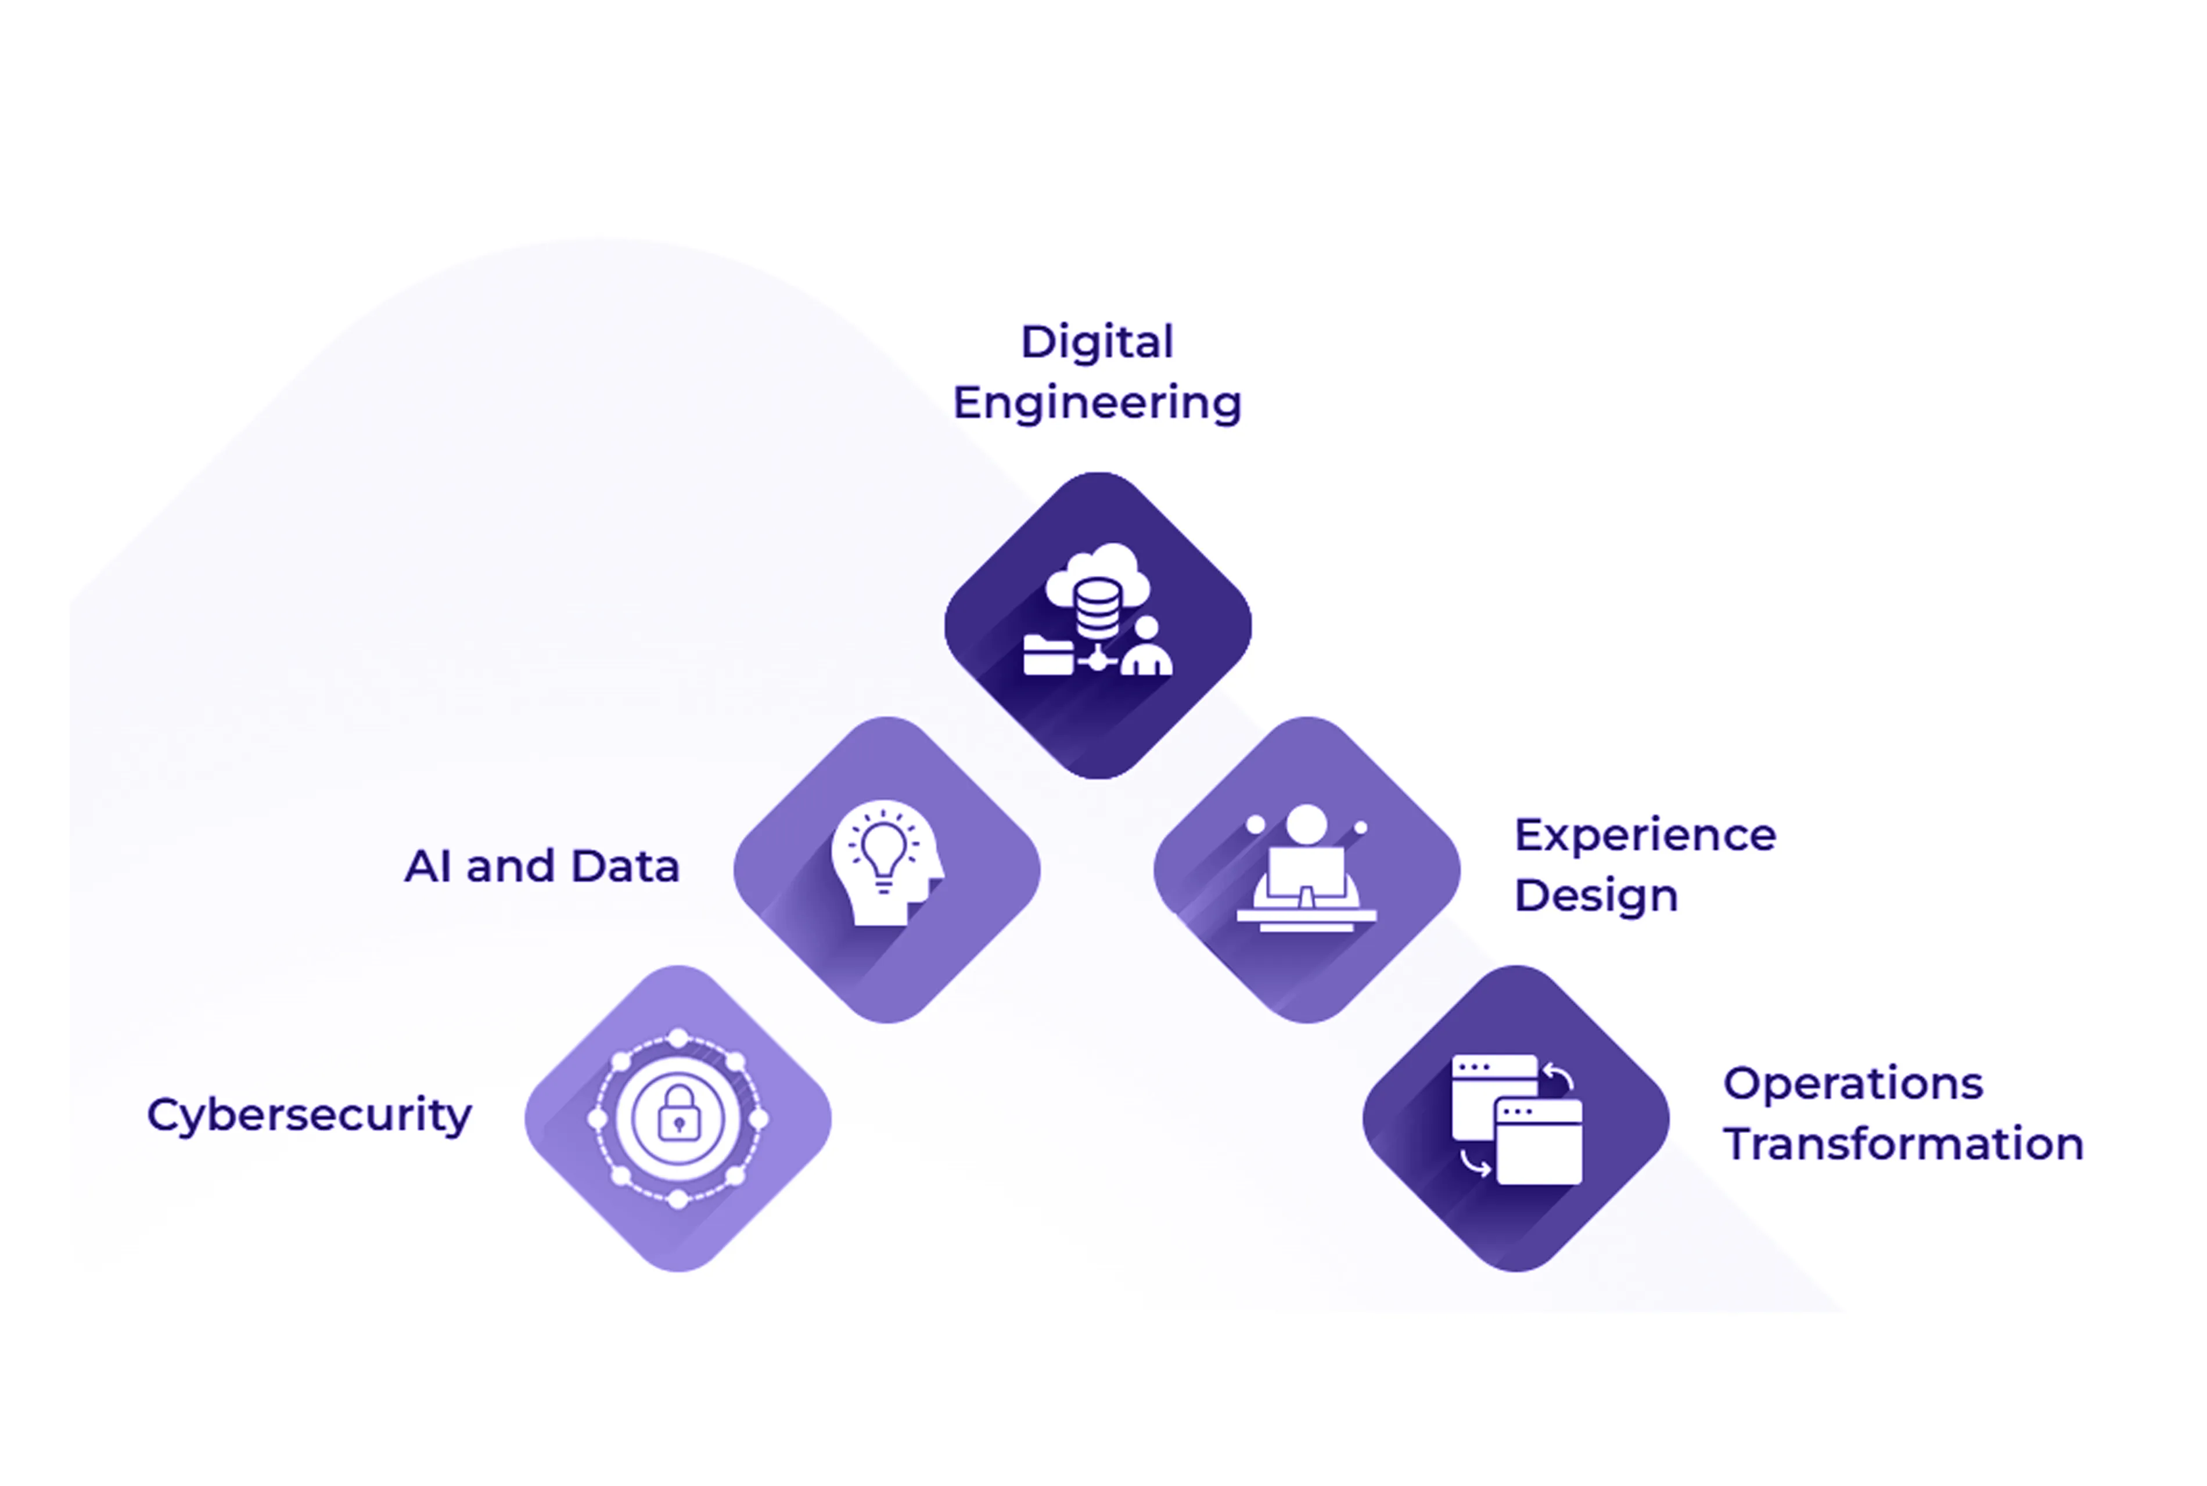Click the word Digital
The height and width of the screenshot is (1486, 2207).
click(1097, 342)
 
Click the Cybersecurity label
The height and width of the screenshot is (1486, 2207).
click(309, 1114)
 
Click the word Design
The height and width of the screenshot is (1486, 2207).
click(1595, 896)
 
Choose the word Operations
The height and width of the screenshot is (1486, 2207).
click(1853, 1083)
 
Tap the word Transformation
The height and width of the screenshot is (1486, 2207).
click(1903, 1144)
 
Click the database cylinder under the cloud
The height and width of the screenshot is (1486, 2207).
click(1097, 609)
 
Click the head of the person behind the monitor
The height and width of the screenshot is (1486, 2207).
click(1306, 824)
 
